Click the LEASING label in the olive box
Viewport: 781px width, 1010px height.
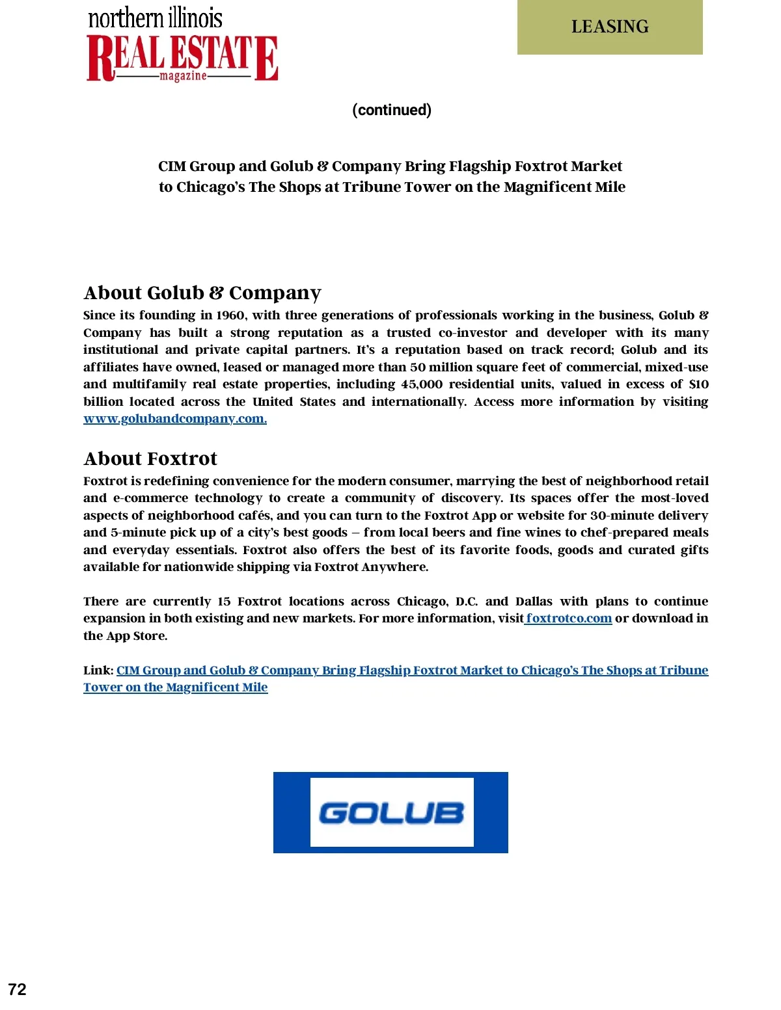click(x=610, y=27)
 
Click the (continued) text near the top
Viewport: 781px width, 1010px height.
click(x=392, y=110)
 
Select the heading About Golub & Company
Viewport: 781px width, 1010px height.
click(x=202, y=293)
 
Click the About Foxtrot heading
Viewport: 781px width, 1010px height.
click(x=150, y=458)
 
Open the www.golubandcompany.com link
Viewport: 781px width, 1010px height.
click(x=175, y=419)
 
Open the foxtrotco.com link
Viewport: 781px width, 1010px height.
click(x=569, y=618)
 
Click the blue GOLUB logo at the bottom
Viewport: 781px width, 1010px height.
click(x=390, y=812)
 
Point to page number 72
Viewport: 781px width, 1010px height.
click(x=18, y=989)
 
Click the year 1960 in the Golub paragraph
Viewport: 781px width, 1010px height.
click(x=230, y=315)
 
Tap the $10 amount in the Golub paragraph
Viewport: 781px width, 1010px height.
click(x=698, y=384)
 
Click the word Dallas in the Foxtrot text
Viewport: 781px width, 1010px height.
click(x=534, y=602)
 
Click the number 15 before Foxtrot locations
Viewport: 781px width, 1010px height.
click(x=224, y=602)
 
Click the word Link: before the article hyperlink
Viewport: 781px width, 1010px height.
click(x=98, y=671)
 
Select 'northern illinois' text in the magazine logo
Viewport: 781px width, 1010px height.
click(x=155, y=18)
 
